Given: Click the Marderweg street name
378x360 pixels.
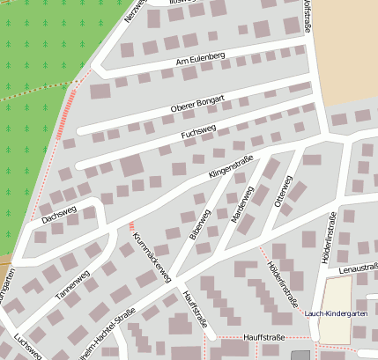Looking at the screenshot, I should (241, 204).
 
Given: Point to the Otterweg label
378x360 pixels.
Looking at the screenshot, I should (283, 191).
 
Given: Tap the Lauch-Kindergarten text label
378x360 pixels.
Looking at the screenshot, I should (335, 313).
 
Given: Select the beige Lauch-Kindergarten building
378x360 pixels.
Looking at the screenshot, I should (334, 299).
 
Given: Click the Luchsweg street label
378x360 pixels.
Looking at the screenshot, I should (27, 348).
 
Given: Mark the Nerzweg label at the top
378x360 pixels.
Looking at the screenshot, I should (133, 10).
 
